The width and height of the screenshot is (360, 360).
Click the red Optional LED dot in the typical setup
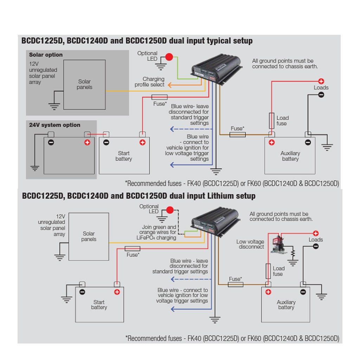click(x=170, y=57)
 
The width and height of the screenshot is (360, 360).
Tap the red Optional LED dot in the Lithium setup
click(x=171, y=211)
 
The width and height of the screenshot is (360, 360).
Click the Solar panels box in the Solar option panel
click(x=84, y=84)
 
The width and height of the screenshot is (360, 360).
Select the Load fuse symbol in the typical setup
click(x=271, y=121)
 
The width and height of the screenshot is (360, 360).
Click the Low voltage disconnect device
click(x=279, y=243)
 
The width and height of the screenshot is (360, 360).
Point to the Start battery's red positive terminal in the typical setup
click(x=142, y=142)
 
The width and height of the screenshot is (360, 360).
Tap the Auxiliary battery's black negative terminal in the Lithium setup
click(x=303, y=291)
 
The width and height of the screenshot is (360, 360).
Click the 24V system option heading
click(x=54, y=125)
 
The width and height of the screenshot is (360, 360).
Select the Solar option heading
click(x=46, y=55)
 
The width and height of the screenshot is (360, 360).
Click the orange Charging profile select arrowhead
click(x=168, y=85)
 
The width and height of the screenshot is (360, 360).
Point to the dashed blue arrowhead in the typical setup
click(x=172, y=129)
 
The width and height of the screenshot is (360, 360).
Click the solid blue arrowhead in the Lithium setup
click(x=172, y=309)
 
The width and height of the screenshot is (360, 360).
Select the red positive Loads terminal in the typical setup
click(x=321, y=81)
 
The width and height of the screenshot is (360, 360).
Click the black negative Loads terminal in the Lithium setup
click(x=316, y=246)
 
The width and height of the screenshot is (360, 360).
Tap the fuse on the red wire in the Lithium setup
click(x=133, y=249)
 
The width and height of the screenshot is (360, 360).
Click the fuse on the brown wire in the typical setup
click(x=237, y=134)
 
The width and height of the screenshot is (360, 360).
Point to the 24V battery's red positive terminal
click(x=87, y=142)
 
